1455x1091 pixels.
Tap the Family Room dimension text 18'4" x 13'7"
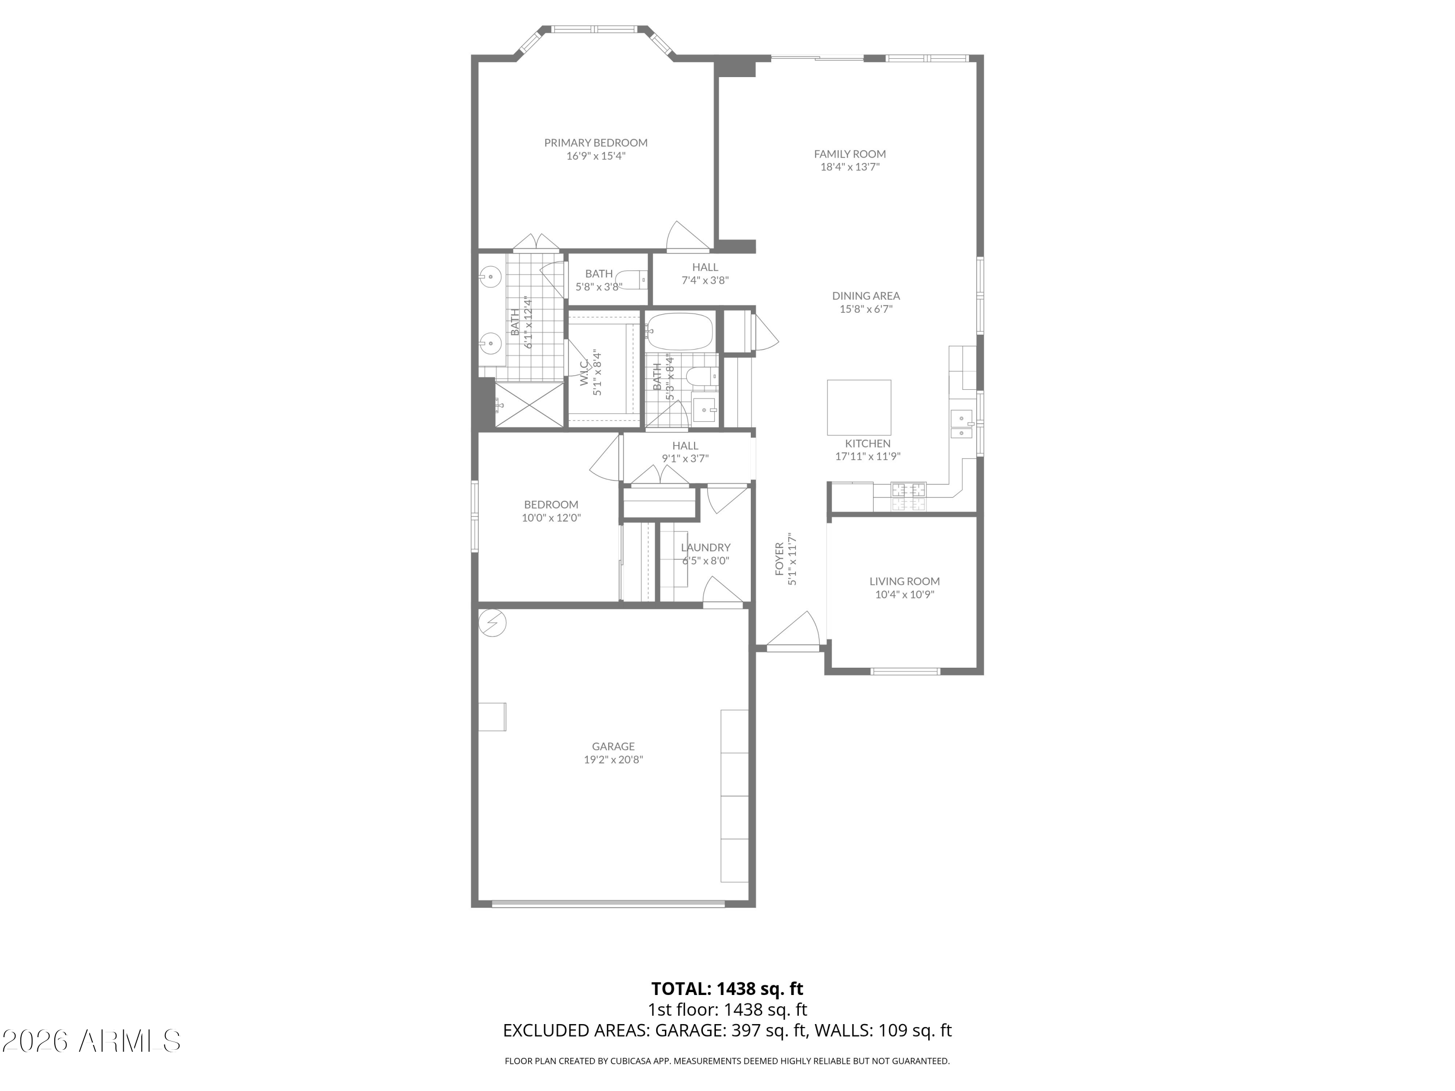(x=850, y=167)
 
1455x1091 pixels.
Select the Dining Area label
(x=866, y=296)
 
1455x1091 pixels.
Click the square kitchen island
(x=859, y=407)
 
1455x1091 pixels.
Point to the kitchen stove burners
(x=908, y=497)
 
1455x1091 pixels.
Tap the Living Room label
(x=905, y=581)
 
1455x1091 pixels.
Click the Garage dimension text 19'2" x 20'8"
(x=613, y=759)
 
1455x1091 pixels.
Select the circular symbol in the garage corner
(x=492, y=622)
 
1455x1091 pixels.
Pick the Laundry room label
(x=706, y=547)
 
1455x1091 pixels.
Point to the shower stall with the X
(x=529, y=404)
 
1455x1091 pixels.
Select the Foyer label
(x=779, y=559)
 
